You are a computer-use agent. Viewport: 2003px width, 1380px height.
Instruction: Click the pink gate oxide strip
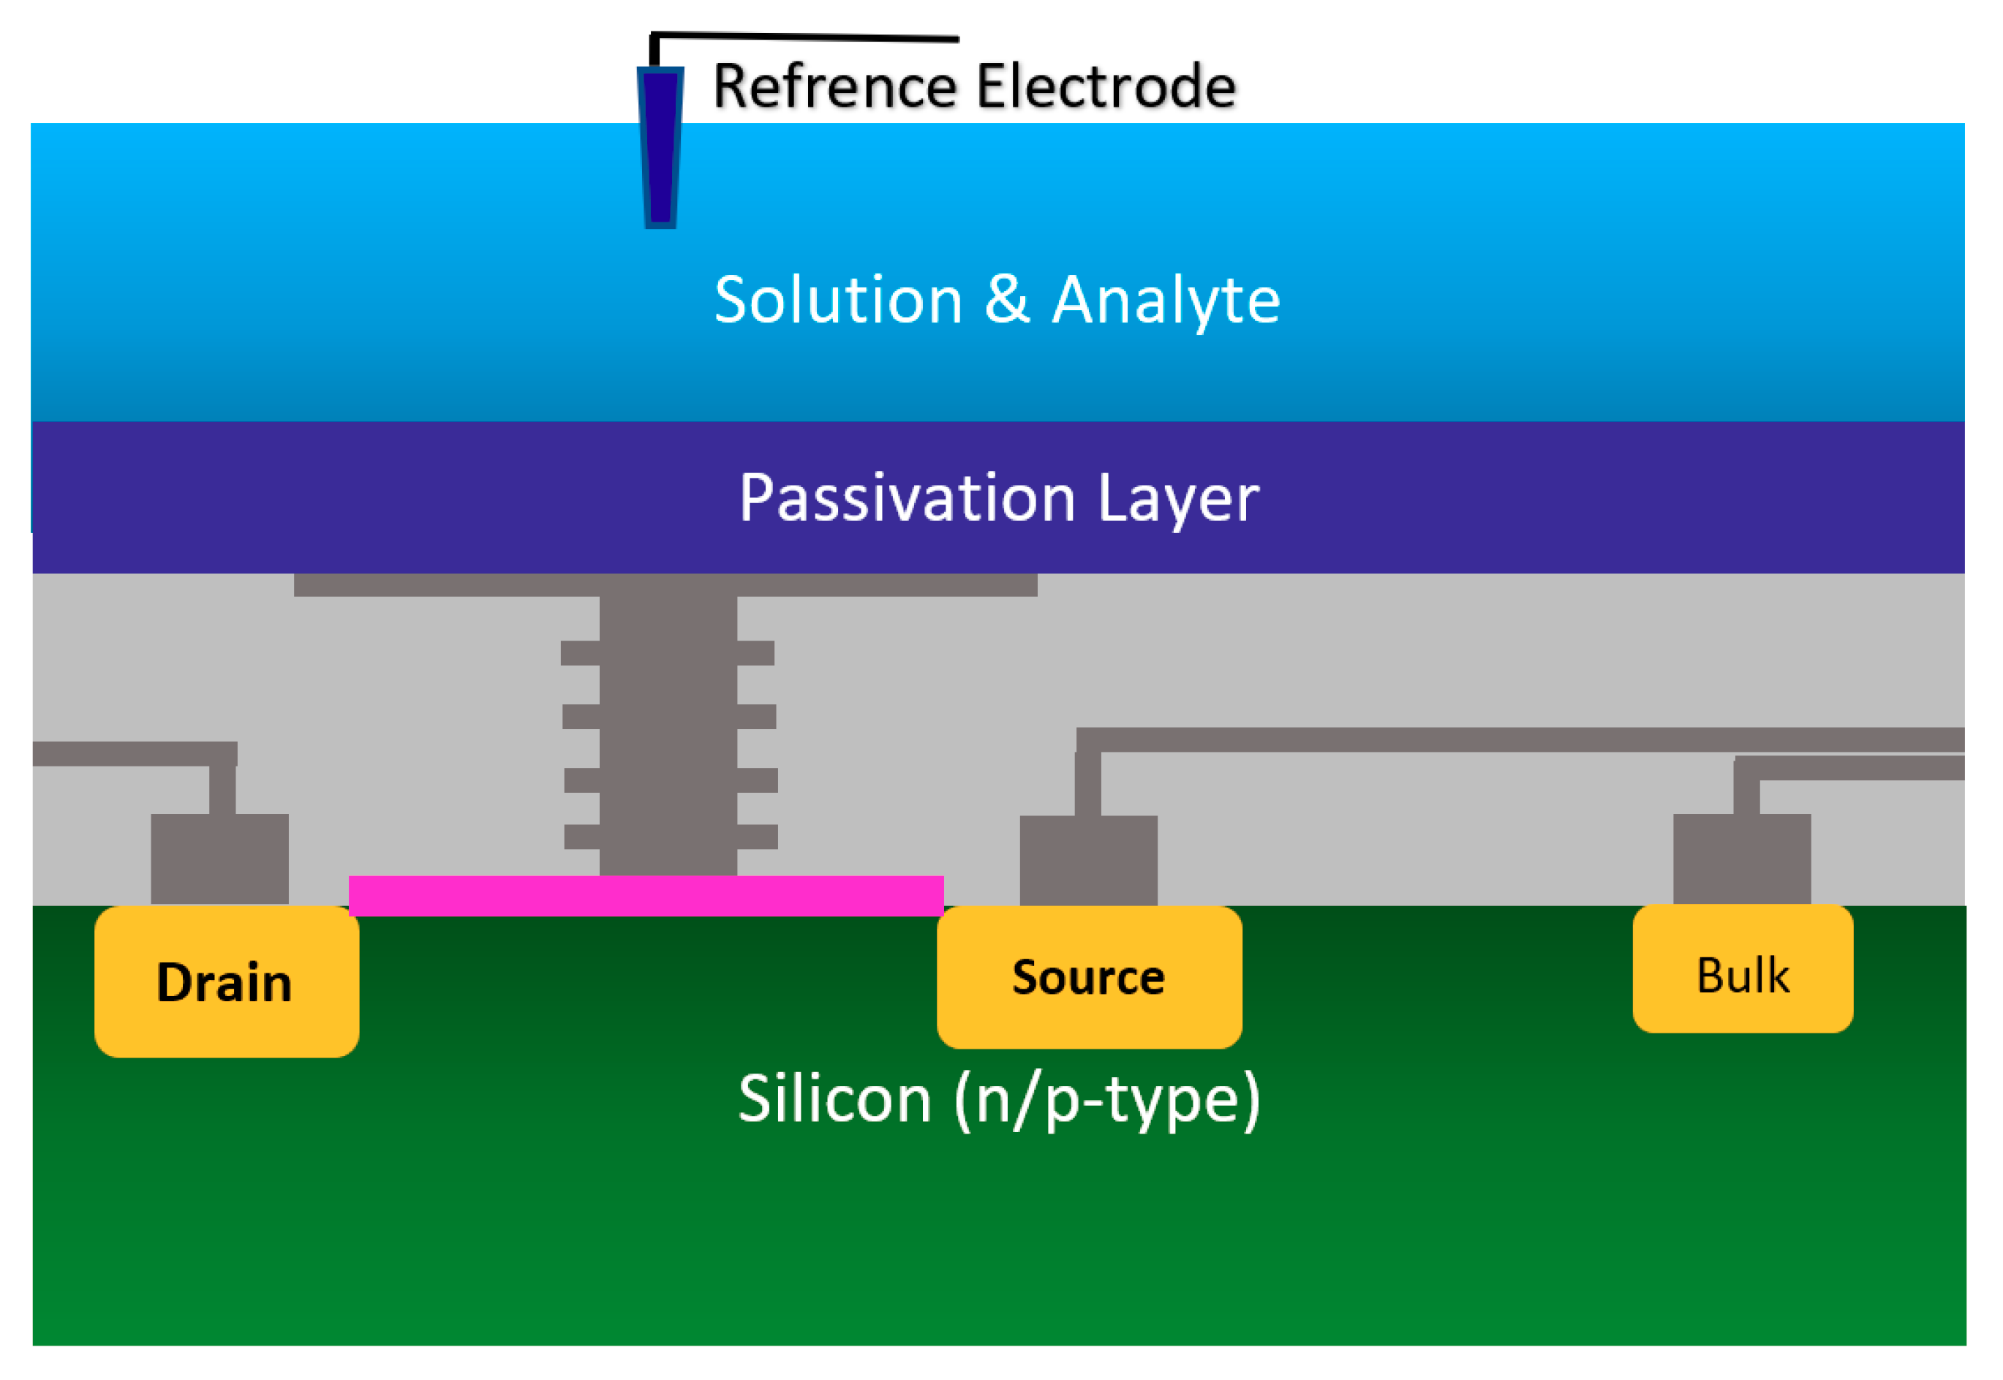tap(645, 896)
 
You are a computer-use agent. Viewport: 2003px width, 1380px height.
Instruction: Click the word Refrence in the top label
tap(834, 86)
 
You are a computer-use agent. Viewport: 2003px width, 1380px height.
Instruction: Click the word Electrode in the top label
tap(1106, 86)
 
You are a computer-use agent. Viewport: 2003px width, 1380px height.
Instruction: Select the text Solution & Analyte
tap(996, 299)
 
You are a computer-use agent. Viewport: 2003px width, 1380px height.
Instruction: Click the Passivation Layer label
tap(998, 498)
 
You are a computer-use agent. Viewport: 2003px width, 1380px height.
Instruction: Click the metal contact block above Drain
tap(219, 858)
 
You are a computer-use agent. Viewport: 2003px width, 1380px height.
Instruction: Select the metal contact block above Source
tap(1087, 859)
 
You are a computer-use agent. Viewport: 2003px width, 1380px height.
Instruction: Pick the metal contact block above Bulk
tap(1741, 858)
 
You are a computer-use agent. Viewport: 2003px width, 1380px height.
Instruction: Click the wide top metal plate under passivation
tap(665, 584)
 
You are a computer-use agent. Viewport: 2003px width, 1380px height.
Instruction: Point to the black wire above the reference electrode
tap(804, 37)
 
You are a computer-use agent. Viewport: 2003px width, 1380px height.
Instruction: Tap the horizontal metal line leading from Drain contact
tap(134, 753)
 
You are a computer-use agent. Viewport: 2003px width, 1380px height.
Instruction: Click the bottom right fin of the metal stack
tap(756, 836)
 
